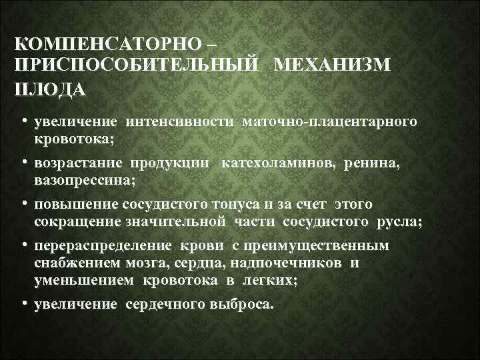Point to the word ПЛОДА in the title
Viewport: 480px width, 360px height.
49,89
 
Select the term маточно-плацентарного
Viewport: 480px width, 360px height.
331,122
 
